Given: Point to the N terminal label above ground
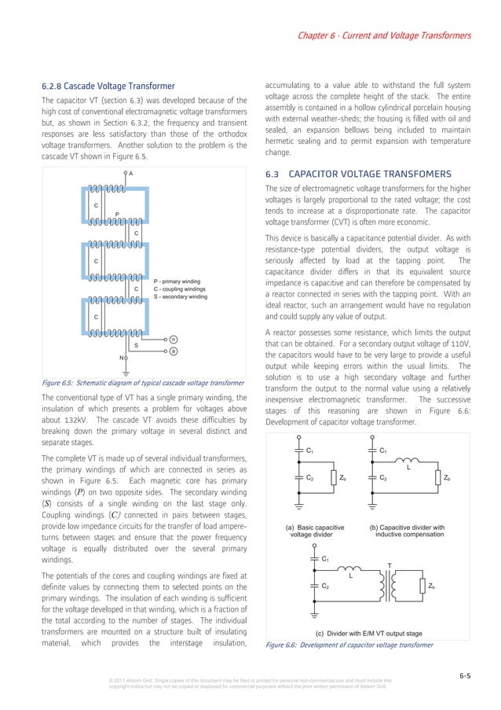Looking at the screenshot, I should point(121,358).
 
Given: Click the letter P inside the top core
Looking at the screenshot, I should point(117,213).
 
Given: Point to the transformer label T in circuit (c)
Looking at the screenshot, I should point(389,565).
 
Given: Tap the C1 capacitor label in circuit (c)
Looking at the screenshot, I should point(325,558).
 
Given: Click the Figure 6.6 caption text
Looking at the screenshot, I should point(349,645).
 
